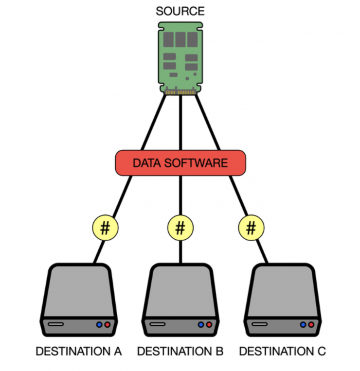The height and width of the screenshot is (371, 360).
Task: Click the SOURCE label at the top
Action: [x=180, y=11]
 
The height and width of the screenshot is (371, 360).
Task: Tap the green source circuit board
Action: [x=180, y=56]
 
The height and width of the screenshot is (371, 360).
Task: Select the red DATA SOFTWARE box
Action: [x=180, y=162]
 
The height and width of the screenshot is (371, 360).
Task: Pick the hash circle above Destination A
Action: [x=106, y=228]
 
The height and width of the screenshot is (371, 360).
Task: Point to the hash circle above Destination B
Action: [x=180, y=228]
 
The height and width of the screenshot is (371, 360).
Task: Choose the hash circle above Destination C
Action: [x=252, y=228]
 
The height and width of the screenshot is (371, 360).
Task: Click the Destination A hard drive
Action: [x=78, y=299]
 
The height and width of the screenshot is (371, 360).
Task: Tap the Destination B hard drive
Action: [x=180, y=299]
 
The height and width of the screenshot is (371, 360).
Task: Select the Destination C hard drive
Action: [x=282, y=299]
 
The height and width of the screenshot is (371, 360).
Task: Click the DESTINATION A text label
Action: [x=78, y=351]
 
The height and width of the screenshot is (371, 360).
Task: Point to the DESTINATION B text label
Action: [x=180, y=351]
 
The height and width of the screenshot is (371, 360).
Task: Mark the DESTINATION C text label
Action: [x=282, y=351]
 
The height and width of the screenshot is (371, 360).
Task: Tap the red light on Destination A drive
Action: [x=107, y=324]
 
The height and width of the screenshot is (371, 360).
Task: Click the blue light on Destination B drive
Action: [x=200, y=324]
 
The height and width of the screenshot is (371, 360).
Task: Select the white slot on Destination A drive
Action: [x=55, y=324]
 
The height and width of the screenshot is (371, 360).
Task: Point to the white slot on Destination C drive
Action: [x=259, y=324]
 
